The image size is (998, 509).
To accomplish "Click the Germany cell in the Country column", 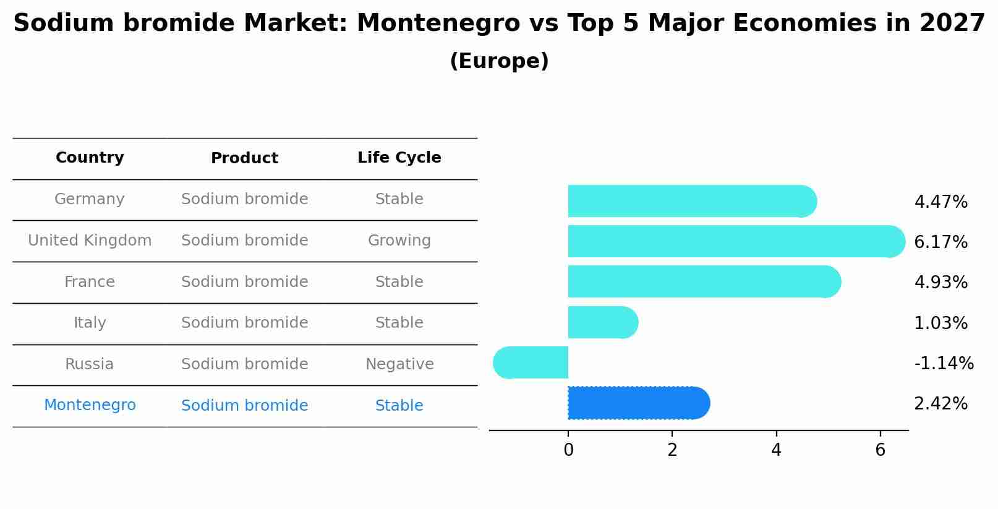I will tap(90, 199).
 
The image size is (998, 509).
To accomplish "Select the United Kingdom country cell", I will tap(90, 241).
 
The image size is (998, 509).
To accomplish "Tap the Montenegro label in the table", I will tap(90, 405).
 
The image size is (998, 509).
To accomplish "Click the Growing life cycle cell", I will tap(399, 241).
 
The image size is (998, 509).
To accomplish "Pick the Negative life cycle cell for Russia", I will tap(399, 364).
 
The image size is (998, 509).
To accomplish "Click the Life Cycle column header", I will tap(399, 158).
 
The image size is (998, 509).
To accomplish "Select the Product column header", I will tap(244, 158).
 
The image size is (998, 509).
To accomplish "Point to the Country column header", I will tap(90, 158).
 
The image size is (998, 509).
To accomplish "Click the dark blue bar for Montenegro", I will tap(637, 403).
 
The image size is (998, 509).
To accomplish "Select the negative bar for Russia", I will tap(532, 362).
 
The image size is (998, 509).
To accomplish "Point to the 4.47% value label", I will tap(940, 202).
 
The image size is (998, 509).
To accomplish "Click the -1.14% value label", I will tap(944, 363).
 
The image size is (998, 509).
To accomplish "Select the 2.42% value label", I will tap(940, 404).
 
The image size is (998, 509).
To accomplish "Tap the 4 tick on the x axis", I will tap(776, 450).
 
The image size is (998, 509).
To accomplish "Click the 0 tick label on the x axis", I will tap(568, 450).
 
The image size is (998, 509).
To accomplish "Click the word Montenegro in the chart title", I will tap(438, 24).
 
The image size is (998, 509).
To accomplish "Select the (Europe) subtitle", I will tap(499, 61).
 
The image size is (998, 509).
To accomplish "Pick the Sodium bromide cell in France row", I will tap(244, 282).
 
